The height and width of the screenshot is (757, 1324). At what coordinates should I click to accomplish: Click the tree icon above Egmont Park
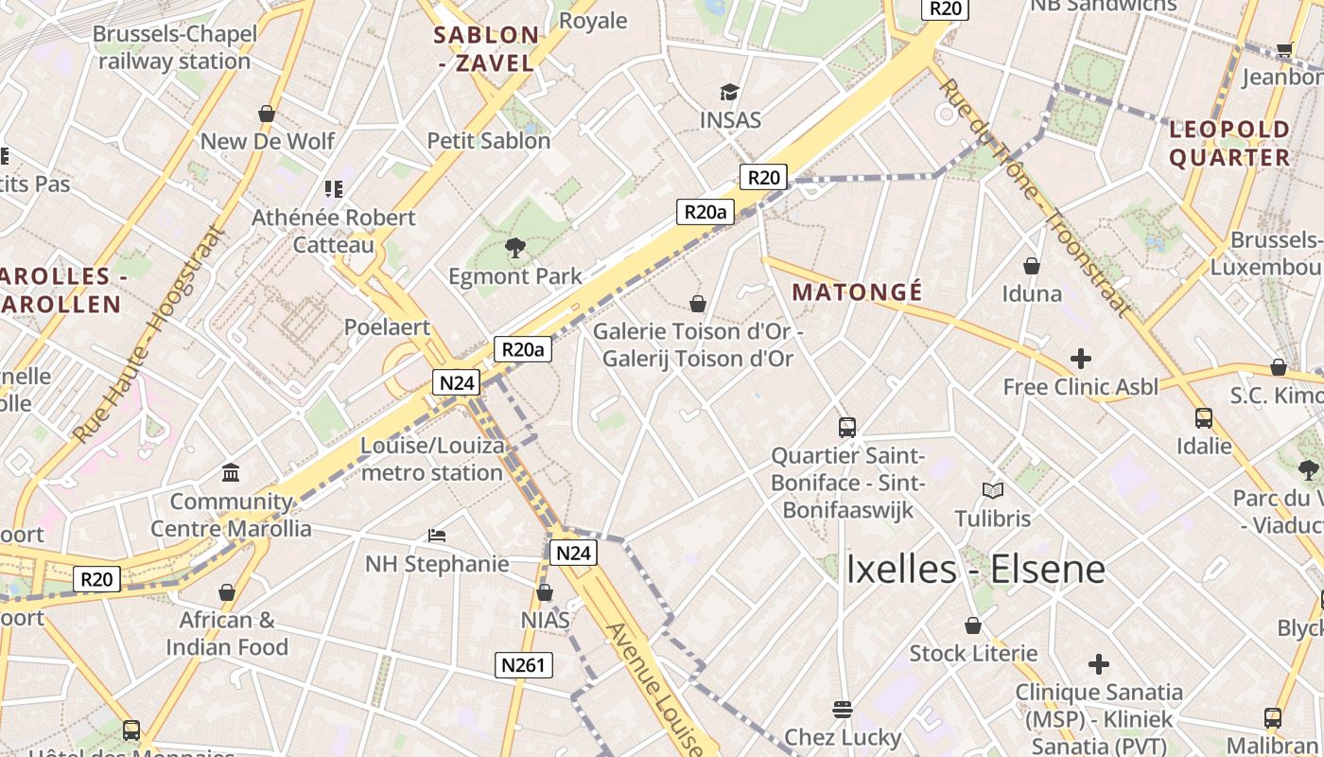515,249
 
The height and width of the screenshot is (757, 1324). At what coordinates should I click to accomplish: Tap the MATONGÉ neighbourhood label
857,291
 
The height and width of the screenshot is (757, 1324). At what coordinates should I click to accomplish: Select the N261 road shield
524,665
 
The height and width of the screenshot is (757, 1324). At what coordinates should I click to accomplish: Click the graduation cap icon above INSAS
729,92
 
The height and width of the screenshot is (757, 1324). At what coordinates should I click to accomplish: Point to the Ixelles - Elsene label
975,569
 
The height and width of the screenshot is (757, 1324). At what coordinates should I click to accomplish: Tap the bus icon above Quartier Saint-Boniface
847,428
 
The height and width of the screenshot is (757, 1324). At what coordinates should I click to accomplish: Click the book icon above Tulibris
993,490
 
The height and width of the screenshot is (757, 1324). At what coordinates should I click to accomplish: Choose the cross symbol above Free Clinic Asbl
1080,359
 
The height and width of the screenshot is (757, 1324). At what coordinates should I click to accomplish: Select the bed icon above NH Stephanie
436,536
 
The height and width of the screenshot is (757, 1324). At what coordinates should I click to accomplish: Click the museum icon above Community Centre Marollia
231,472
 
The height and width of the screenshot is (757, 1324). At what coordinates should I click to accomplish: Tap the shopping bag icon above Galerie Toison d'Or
698,304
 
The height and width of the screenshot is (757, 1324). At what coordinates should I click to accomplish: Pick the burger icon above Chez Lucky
843,709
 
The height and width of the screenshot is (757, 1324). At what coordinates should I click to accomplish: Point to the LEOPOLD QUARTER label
1229,143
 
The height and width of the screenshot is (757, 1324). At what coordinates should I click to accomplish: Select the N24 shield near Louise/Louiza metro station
457,382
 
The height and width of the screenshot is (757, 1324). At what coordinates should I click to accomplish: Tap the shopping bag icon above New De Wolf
267,114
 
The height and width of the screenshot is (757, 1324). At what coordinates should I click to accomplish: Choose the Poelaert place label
387,327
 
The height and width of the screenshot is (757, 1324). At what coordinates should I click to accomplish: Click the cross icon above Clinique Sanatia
1099,663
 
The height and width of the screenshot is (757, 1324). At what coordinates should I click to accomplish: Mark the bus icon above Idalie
1204,417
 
